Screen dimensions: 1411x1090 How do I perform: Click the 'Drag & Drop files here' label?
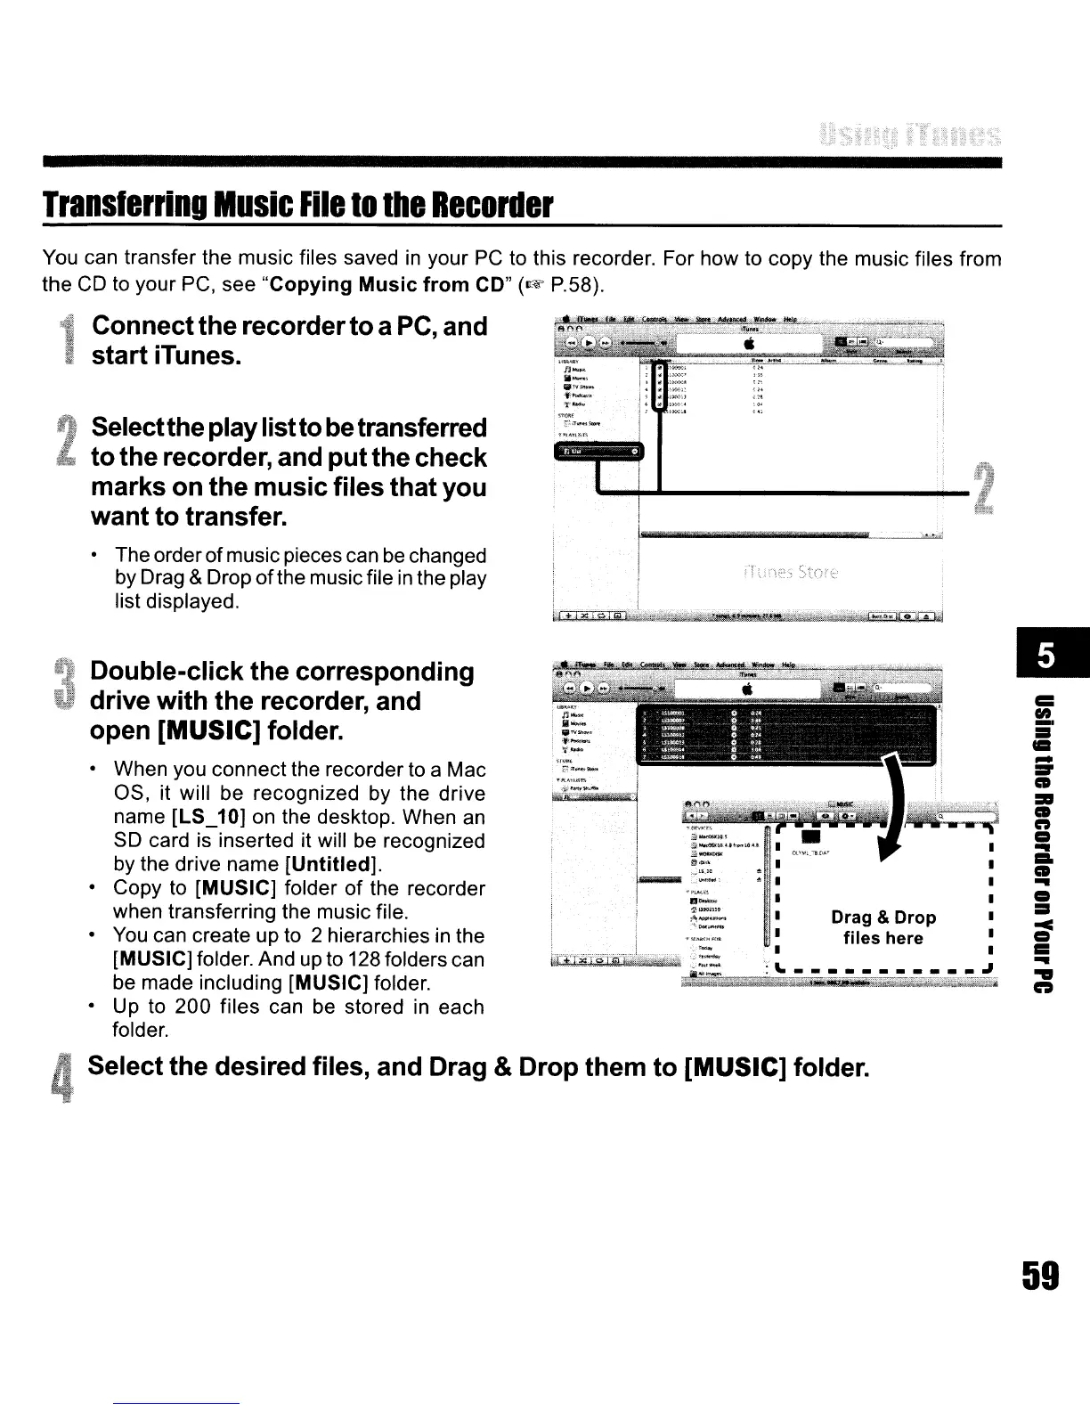[883, 927]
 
